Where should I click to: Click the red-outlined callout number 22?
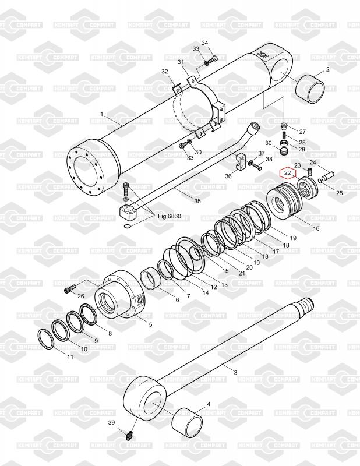point(287,172)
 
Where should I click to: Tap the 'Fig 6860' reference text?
point(169,216)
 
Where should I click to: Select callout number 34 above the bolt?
point(205,43)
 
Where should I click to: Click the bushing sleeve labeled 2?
point(310,89)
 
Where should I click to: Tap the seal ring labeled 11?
point(46,339)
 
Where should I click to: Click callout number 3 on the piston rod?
point(236,372)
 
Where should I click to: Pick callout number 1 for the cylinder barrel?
point(102,114)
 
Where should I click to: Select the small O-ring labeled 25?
point(320,181)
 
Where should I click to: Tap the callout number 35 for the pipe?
point(197,201)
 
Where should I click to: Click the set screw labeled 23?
point(310,172)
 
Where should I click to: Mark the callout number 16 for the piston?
point(316,228)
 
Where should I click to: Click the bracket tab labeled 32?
point(177,89)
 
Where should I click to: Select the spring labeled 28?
point(284,135)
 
